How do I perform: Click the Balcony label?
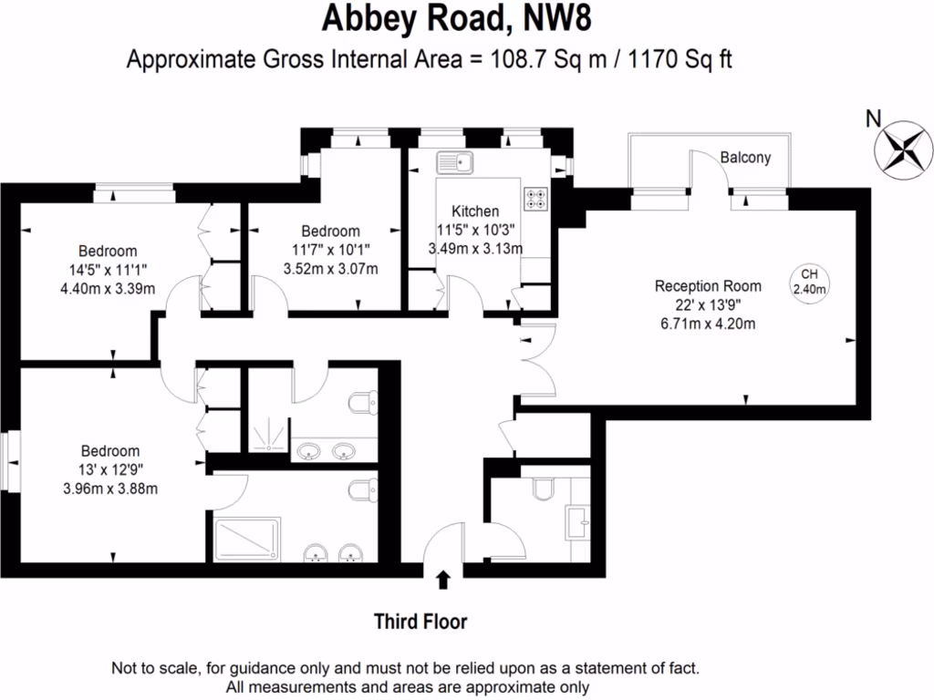point(745,158)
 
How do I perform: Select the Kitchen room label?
point(475,211)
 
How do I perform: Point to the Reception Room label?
point(708,286)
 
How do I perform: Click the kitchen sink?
point(453,163)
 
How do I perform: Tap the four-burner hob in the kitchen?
point(534,198)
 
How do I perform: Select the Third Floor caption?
point(420,623)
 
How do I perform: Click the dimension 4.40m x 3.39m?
point(108,289)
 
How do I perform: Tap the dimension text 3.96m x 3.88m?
point(110,488)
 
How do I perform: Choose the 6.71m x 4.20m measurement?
point(708,323)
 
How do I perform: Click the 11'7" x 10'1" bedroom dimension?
point(331,250)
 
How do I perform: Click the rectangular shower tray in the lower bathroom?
point(246,539)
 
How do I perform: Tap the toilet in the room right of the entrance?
point(542,490)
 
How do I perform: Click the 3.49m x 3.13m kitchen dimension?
point(475,248)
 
